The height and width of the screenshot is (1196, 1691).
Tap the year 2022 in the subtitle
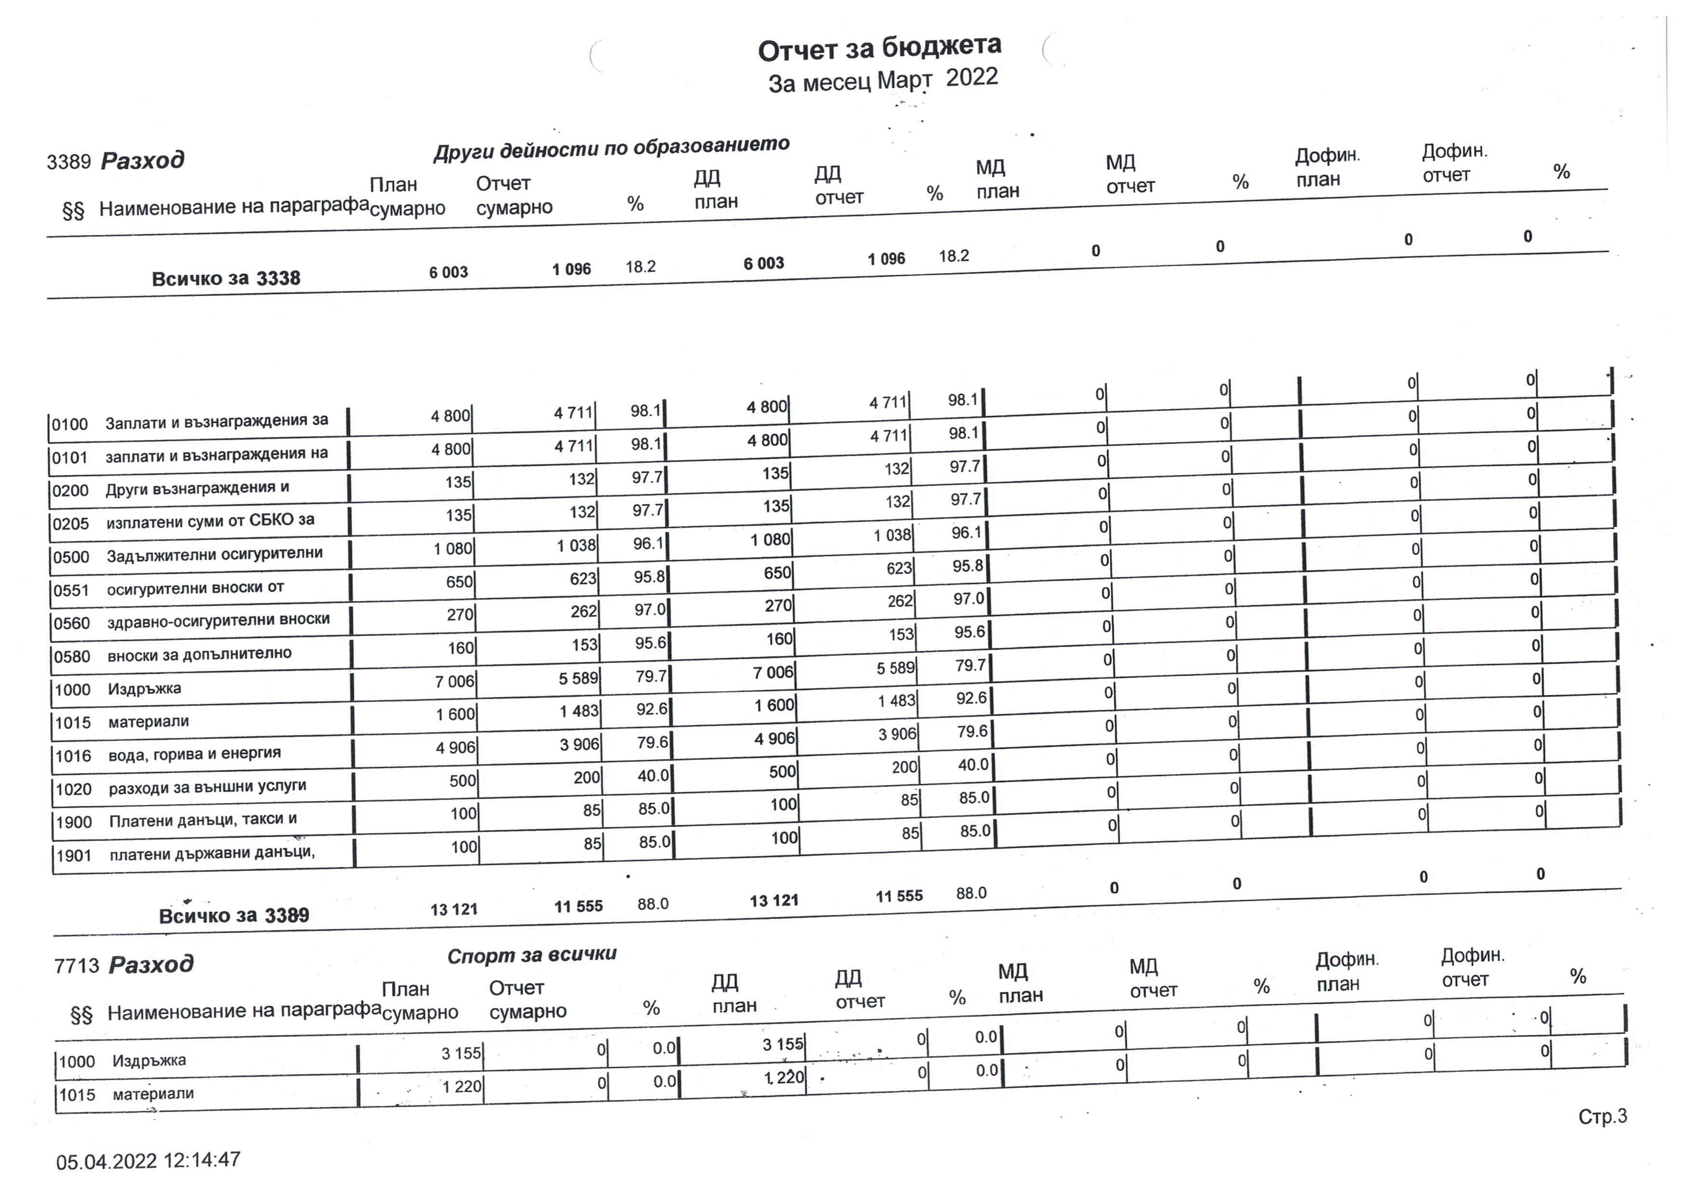tap(972, 77)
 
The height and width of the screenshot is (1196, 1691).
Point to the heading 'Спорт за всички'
tap(532, 955)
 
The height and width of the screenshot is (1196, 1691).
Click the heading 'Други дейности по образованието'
tap(611, 147)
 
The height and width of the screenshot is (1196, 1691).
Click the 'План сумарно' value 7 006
tap(454, 681)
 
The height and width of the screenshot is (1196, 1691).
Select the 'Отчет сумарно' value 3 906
tap(579, 745)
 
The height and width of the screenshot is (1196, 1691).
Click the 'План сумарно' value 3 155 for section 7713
tap(461, 1053)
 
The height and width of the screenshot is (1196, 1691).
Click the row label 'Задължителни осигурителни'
tap(214, 554)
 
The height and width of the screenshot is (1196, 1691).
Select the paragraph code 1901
tap(74, 856)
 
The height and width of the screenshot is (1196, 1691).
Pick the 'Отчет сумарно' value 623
tap(582, 579)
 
